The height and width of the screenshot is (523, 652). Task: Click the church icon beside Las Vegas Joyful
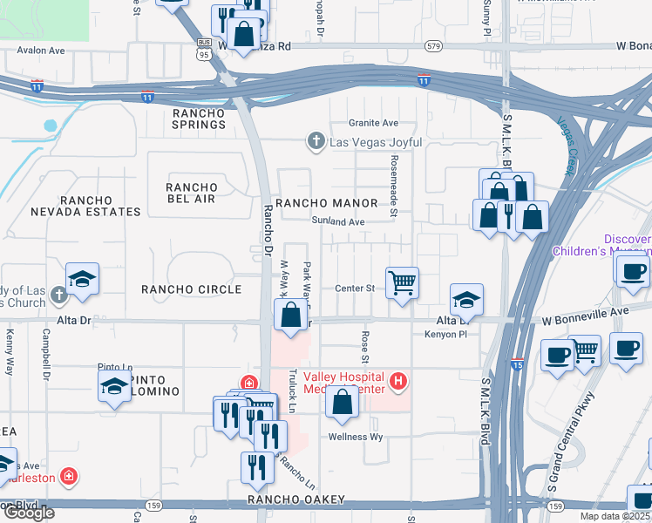pyautogui.click(x=316, y=141)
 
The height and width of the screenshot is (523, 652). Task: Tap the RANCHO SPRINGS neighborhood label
pyautogui.click(x=199, y=119)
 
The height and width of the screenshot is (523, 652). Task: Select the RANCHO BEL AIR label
pyautogui.click(x=192, y=194)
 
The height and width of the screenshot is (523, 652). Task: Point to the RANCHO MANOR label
pyautogui.click(x=327, y=203)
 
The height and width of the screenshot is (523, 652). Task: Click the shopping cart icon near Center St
pyautogui.click(x=402, y=282)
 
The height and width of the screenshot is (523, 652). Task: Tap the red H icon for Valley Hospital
pyautogui.click(x=398, y=380)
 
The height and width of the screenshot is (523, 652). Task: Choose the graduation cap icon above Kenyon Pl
pyautogui.click(x=466, y=300)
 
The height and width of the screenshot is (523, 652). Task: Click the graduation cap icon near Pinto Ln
pyautogui.click(x=114, y=384)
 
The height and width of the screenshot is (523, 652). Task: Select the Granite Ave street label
pyautogui.click(x=373, y=123)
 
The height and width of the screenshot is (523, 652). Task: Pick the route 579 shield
pyautogui.click(x=433, y=44)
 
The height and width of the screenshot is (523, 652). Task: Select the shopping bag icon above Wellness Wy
pyautogui.click(x=343, y=402)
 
